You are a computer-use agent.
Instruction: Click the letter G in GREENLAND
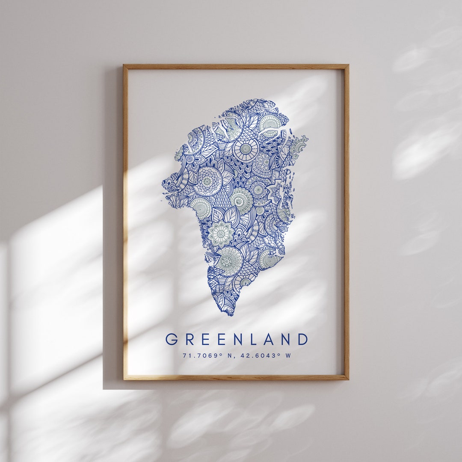(172, 339)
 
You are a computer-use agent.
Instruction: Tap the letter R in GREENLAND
(189, 339)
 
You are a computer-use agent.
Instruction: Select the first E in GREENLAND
(204, 339)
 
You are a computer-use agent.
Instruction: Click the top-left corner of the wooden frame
(124, 65)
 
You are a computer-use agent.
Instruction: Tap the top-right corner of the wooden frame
(348, 65)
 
